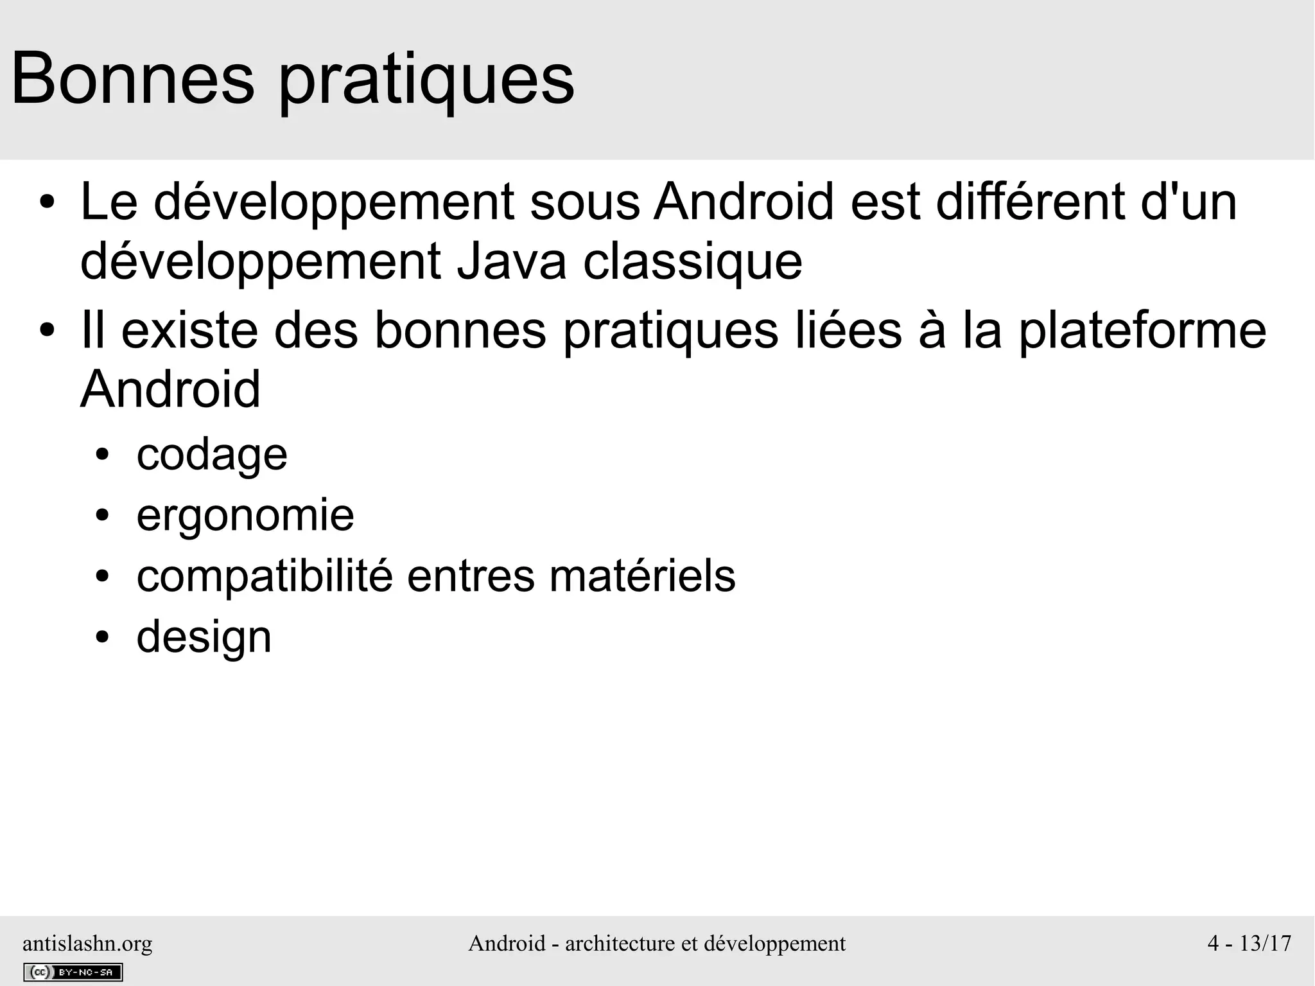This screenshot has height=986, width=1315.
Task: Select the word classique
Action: [x=692, y=263]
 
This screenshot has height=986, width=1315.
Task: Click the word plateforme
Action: [x=1142, y=331]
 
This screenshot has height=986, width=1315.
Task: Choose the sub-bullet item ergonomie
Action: [x=245, y=516]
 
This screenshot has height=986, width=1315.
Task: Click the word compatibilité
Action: [x=264, y=577]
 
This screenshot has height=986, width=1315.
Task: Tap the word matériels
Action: [x=642, y=576]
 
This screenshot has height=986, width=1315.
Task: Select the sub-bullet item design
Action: [x=204, y=637]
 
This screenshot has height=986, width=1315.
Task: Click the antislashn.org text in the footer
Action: [x=87, y=943]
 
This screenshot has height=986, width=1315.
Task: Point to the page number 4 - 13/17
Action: [x=1249, y=943]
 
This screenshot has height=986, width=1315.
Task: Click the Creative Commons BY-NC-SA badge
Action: [x=73, y=972]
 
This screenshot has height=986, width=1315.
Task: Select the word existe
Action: [x=189, y=330]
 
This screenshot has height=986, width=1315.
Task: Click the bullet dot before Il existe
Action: [x=47, y=331]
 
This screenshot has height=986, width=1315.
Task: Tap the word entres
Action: [x=471, y=577]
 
